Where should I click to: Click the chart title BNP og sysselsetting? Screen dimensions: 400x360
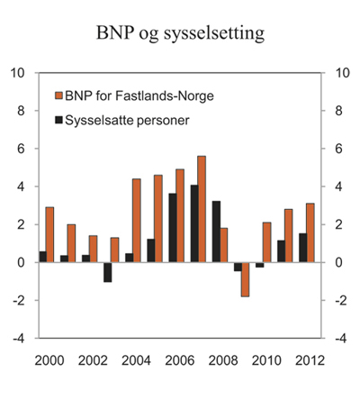pyautogui.click(x=180, y=35)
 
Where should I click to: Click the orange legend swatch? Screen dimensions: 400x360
pyautogui.click(x=59, y=96)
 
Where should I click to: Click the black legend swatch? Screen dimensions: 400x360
pyautogui.click(x=59, y=119)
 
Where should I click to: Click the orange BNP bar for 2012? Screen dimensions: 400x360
pyautogui.click(x=310, y=232)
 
